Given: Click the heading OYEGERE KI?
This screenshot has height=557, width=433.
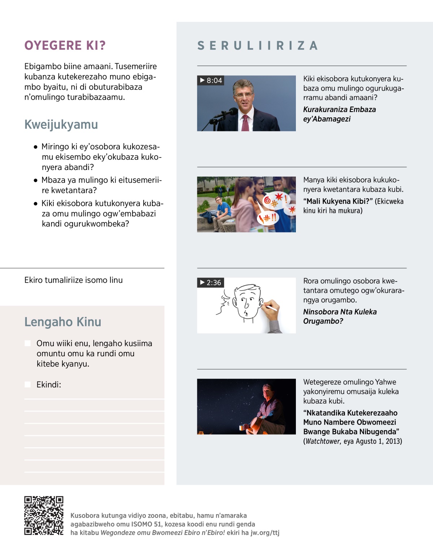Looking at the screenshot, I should (65, 45).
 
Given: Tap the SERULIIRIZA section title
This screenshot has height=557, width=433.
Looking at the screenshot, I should (258, 46).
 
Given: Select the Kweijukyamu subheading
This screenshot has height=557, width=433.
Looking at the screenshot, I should (61, 125).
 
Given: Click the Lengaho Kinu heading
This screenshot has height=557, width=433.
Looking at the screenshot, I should (63, 322).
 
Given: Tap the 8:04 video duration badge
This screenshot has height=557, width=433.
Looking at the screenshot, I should (211, 80).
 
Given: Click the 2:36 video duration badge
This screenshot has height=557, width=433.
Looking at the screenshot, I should (210, 283).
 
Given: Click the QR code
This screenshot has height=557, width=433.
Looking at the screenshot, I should (44, 515).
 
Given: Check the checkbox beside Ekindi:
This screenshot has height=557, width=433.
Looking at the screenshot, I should (27, 384).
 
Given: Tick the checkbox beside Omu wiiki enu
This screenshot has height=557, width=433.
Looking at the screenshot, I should (27, 343).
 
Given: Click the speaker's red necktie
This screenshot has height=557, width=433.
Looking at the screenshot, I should (245, 123).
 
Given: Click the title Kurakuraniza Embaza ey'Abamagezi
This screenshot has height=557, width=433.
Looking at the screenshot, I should (339, 114).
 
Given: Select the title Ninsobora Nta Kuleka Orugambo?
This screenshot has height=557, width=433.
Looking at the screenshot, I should (340, 316).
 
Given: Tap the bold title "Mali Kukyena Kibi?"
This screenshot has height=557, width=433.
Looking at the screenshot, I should (338, 201).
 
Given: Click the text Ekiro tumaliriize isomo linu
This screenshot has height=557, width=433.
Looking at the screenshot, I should (74, 280).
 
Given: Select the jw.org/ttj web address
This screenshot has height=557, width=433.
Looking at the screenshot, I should (265, 532).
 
